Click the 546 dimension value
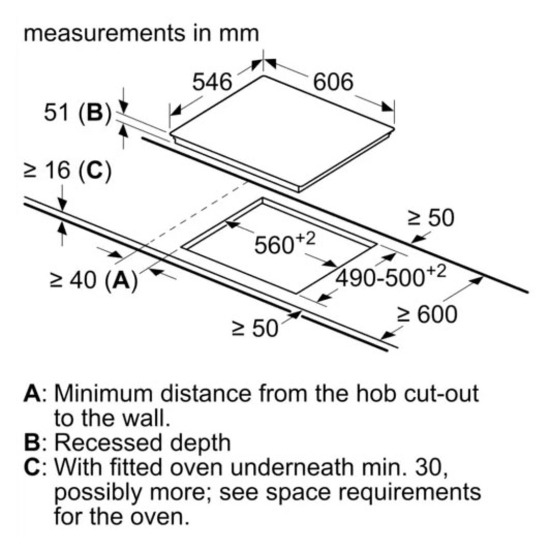(x=212, y=82)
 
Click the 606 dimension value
(x=333, y=82)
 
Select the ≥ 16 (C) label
(x=67, y=171)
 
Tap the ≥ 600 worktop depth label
(x=427, y=314)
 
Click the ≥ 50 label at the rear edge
(x=431, y=218)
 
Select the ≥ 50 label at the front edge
(x=255, y=328)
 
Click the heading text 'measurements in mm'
(x=141, y=33)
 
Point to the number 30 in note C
(x=431, y=467)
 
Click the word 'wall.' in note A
(x=143, y=418)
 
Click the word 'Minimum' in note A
(x=104, y=393)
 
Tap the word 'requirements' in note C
(x=410, y=492)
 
